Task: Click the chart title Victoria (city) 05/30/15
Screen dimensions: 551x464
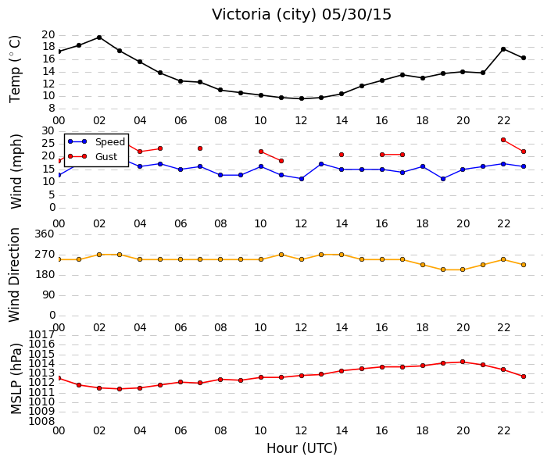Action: (x=301, y=15)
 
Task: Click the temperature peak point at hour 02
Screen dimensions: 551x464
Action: (x=99, y=37)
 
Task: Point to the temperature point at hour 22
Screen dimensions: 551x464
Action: (x=503, y=49)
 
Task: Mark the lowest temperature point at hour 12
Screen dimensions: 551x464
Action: (x=302, y=98)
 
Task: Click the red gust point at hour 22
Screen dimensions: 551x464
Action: (x=503, y=140)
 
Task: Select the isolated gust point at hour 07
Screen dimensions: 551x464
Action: (x=200, y=148)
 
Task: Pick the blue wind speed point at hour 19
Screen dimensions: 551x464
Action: (x=443, y=179)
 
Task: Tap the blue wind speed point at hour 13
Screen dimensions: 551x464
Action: (x=321, y=164)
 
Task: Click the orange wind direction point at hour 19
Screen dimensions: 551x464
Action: (x=443, y=269)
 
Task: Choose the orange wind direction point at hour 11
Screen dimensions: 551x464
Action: (x=281, y=255)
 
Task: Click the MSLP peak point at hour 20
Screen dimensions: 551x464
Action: (x=463, y=362)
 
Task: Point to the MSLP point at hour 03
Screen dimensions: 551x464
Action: (x=120, y=389)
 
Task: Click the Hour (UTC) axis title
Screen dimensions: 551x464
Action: (x=302, y=448)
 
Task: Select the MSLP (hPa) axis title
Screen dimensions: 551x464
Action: (x=16, y=379)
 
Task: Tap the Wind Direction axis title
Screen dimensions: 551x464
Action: (x=14, y=275)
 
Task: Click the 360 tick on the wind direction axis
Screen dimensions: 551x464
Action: (x=45, y=234)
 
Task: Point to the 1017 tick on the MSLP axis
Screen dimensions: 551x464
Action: (x=41, y=334)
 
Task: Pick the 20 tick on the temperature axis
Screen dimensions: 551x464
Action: (x=48, y=34)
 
